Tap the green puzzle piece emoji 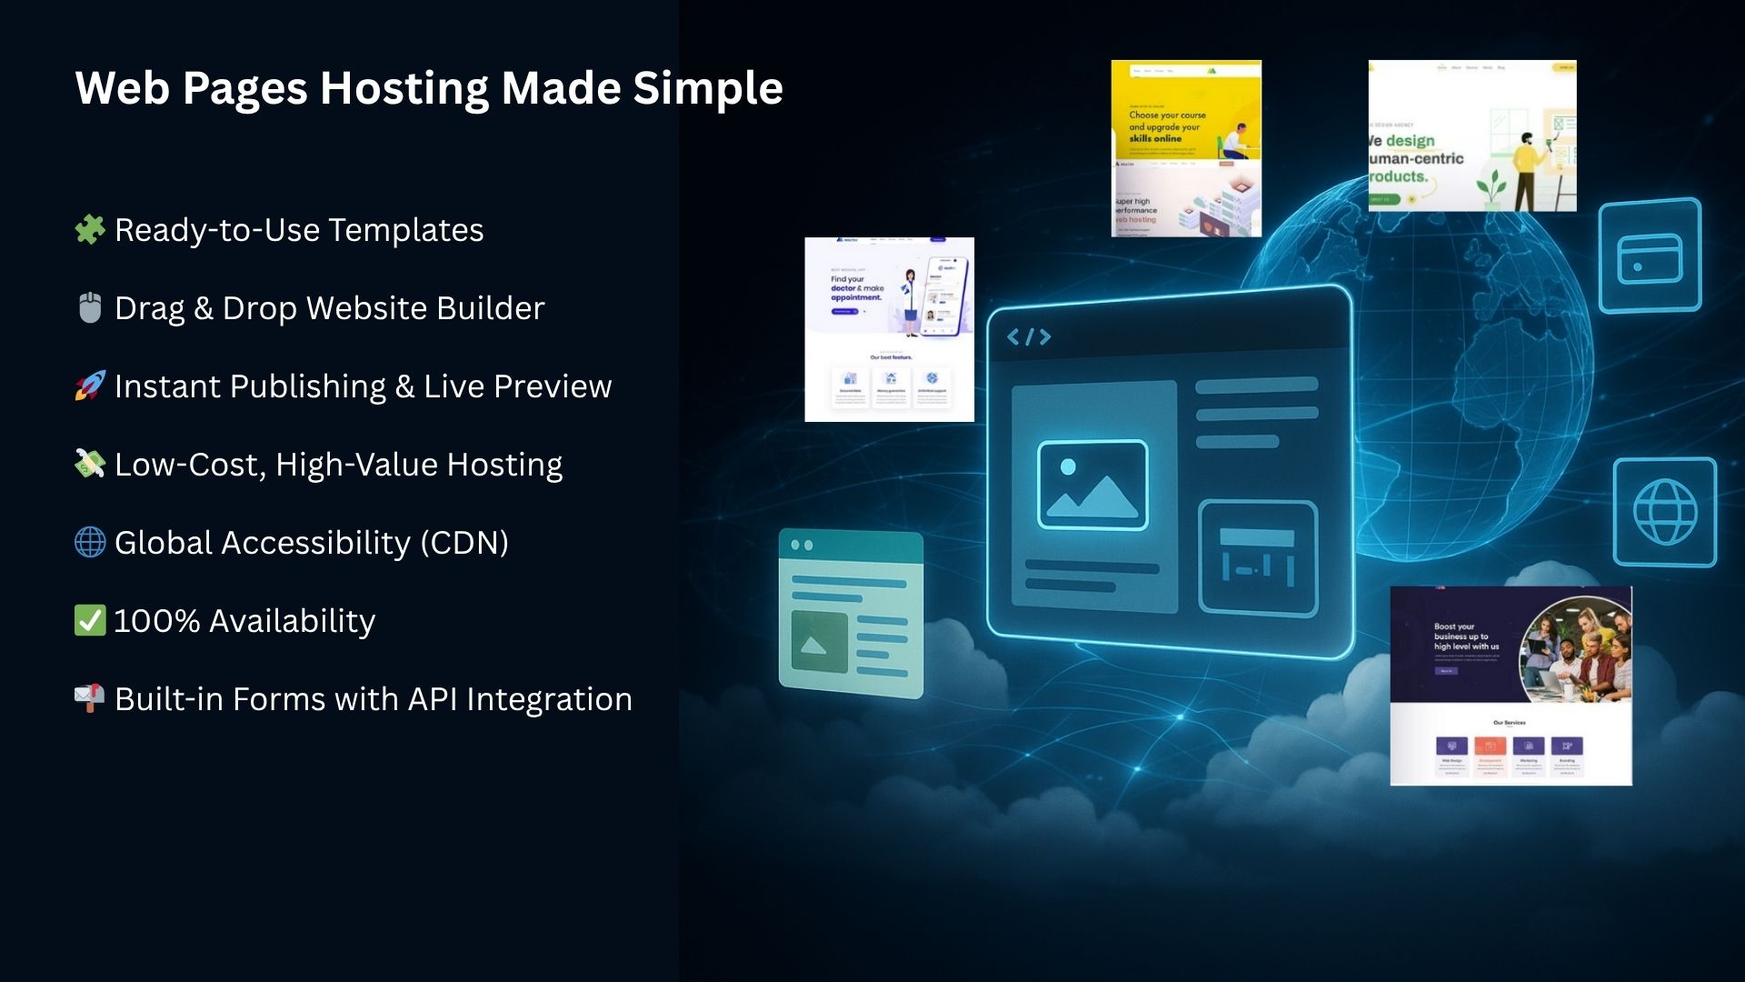click(90, 229)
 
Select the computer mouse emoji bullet click(90, 307)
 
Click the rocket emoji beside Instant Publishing click(90, 386)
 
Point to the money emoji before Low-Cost click(90, 464)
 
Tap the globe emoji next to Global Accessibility click(90, 542)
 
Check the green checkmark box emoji click(90, 620)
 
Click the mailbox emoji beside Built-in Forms click(90, 698)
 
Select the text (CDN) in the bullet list click(464, 543)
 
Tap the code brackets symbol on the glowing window click(1029, 337)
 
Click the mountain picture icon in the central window click(1092, 485)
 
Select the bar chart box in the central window click(1258, 557)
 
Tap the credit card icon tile click(1650, 256)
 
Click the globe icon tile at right click(1665, 512)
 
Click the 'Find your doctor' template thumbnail click(889, 329)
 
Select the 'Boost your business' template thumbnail click(1511, 686)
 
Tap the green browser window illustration click(851, 613)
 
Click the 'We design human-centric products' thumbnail click(1472, 136)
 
